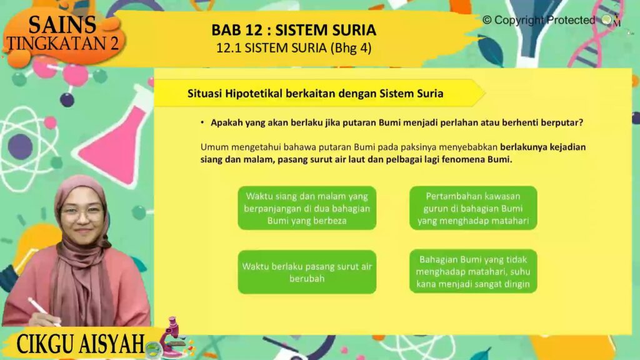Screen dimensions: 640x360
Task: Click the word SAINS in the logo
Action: (62, 25)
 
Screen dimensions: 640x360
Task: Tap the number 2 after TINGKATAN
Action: (114, 43)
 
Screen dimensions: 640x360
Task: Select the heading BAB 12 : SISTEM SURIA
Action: (294, 30)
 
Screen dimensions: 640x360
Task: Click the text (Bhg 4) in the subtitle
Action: (351, 48)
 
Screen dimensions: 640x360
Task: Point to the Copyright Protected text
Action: (539, 20)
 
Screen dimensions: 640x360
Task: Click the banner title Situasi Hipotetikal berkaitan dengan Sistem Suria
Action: (315, 94)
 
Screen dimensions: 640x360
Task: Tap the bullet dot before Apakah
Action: (202, 122)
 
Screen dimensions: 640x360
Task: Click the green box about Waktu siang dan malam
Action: (307, 208)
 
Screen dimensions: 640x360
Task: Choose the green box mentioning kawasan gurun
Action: (473, 208)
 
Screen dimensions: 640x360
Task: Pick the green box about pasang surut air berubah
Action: (307, 272)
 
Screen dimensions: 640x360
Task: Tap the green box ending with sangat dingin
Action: (473, 271)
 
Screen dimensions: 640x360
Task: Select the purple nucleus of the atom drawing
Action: (20, 146)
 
